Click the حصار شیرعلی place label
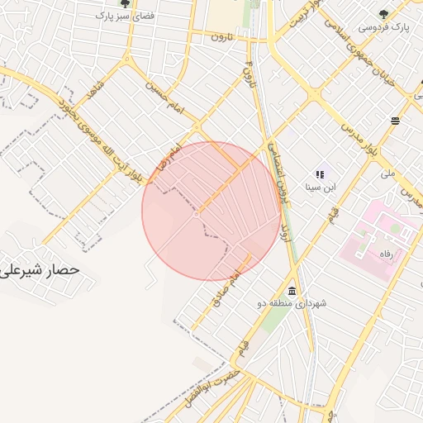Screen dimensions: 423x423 tap(40, 269)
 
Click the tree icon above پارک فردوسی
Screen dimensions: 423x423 tap(383, 13)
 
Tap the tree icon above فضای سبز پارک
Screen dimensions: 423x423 tap(124, 3)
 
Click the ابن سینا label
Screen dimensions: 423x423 tap(320, 188)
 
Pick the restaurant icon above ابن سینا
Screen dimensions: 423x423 tap(320, 174)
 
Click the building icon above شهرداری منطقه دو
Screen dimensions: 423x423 tap(292, 291)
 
